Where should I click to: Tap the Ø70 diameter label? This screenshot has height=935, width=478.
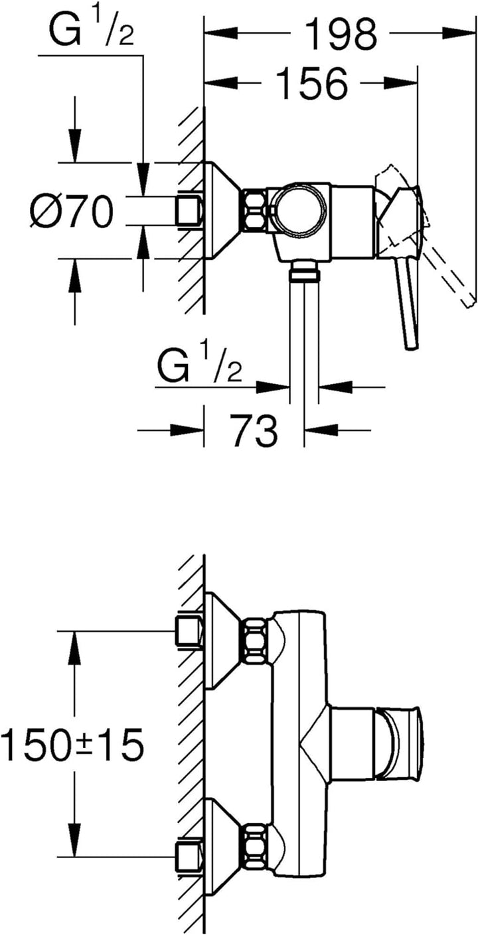pyautogui.click(x=72, y=212)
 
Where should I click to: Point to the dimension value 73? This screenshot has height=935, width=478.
pyautogui.click(x=255, y=430)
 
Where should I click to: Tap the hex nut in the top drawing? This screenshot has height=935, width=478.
pyautogui.click(x=254, y=210)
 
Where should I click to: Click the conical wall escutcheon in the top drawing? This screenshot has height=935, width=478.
pyautogui.click(x=222, y=210)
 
